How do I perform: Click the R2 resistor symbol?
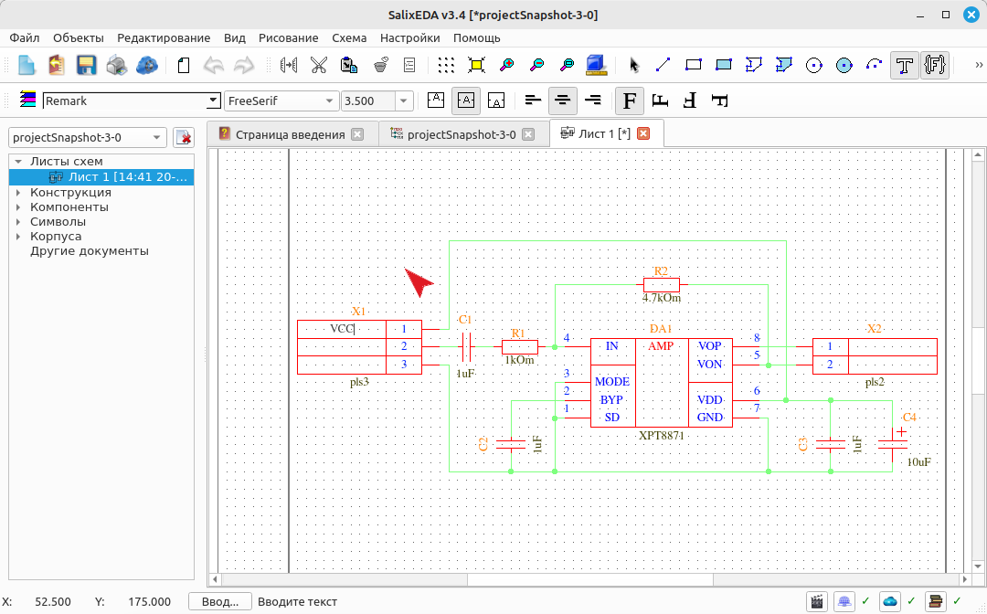click(661, 284)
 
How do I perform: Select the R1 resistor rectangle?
click(519, 346)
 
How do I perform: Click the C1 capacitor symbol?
click(466, 346)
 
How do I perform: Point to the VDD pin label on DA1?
click(709, 399)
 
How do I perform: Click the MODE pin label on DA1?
click(611, 382)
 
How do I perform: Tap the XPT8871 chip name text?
click(661, 435)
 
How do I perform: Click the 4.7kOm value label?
click(661, 298)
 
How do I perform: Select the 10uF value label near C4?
click(918, 462)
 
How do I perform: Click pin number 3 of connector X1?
click(404, 365)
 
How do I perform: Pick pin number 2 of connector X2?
click(830, 365)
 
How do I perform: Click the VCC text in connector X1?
click(342, 328)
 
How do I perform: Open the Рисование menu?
click(288, 37)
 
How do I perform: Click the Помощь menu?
click(476, 37)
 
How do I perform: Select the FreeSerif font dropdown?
click(281, 101)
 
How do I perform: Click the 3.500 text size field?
click(368, 101)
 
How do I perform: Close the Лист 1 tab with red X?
click(643, 133)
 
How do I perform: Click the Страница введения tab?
click(291, 134)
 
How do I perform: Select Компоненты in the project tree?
click(69, 207)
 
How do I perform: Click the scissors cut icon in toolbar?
click(319, 65)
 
